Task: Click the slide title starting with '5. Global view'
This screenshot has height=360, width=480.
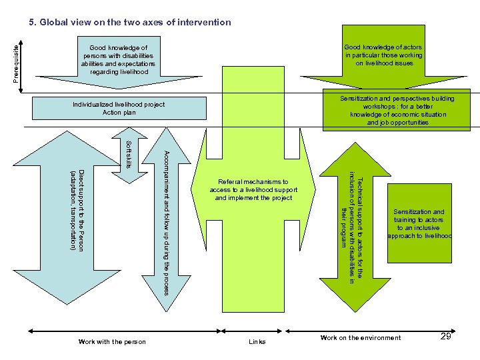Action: [129, 22]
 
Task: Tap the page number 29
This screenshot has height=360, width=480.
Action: [447, 337]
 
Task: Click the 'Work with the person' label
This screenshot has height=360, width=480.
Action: [112, 342]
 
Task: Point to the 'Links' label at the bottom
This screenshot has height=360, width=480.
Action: [257, 342]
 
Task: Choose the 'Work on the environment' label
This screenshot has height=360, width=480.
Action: [361, 338]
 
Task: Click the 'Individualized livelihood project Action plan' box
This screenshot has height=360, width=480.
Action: [119, 109]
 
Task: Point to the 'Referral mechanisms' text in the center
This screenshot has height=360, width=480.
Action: [253, 190]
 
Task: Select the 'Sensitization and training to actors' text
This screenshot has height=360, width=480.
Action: [419, 224]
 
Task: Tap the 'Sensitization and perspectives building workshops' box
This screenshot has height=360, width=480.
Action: [398, 111]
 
